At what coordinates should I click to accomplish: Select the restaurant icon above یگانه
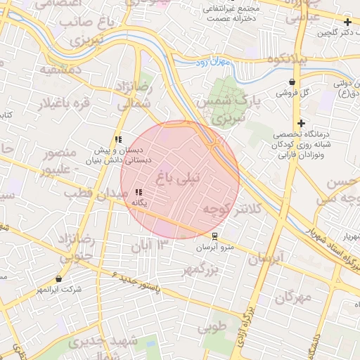139,192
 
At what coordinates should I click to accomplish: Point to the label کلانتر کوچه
231,209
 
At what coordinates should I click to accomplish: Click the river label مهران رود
214,63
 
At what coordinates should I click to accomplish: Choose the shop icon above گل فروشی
292,82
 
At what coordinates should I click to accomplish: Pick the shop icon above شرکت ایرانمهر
58,279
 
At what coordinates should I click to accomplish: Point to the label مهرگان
292,297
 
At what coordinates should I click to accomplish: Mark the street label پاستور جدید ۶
136,282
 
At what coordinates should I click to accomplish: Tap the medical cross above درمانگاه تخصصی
301,123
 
